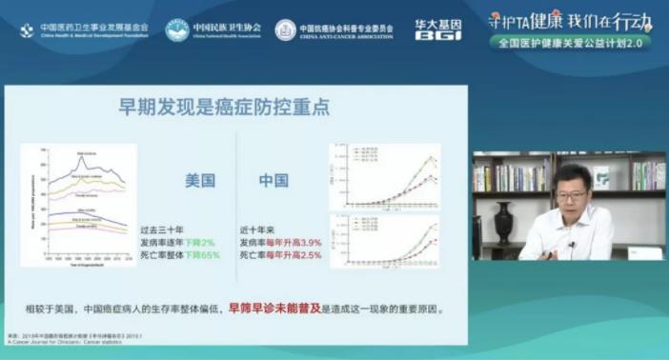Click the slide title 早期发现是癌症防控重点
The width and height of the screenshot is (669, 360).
coord(224,107)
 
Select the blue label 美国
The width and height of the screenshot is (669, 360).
coord(200,179)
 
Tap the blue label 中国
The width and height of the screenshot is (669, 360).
coord(274,179)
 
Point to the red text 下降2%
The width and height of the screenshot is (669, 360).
coord(202,242)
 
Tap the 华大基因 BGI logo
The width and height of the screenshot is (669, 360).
coord(439,29)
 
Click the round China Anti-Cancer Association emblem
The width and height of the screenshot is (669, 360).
coord(286,30)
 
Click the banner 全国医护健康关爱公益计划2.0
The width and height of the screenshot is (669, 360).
coord(570,44)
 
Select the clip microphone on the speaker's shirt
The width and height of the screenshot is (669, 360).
coord(571,245)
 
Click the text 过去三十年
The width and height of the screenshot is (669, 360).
coord(160,230)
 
